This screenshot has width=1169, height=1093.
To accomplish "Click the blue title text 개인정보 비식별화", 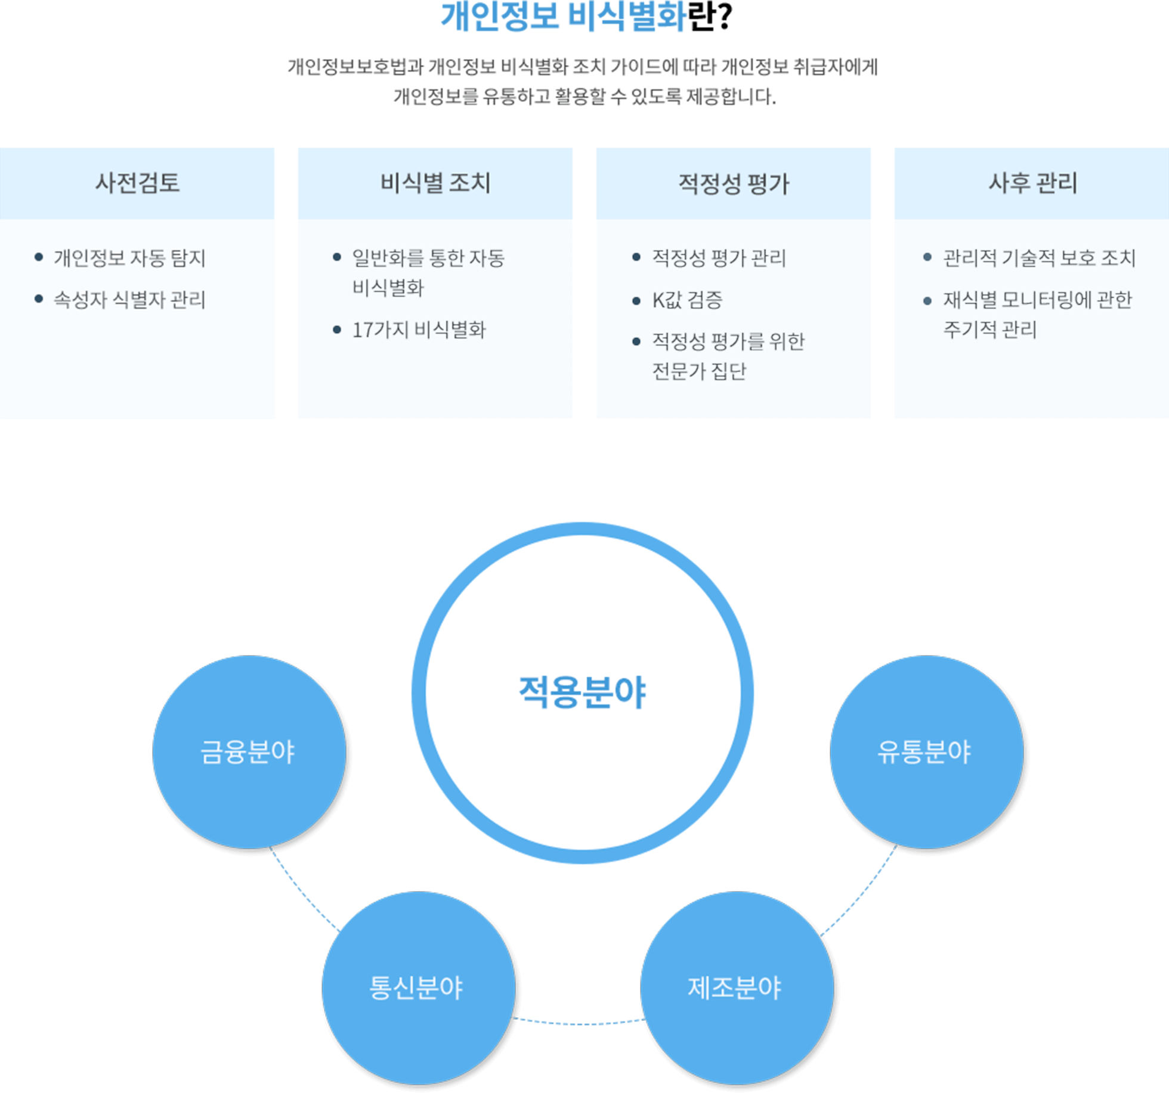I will point(563,17).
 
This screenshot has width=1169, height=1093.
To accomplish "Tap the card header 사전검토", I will point(137,182).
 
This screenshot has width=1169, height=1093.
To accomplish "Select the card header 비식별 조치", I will point(435,182).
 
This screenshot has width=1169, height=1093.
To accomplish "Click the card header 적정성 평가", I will point(734,184).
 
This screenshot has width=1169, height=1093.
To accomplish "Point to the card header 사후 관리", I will point(1032,182).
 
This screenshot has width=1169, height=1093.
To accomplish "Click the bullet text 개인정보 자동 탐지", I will point(129,258).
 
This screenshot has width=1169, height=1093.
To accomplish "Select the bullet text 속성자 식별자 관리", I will point(129,300).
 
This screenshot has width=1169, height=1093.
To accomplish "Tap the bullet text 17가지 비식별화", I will point(419,330).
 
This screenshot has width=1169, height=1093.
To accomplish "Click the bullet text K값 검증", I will point(687,300).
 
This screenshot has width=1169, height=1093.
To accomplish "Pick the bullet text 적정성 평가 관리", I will point(719,258).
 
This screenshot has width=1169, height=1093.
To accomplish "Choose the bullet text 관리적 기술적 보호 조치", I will point(1038,258).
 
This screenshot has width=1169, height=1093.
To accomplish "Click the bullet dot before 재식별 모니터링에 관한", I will point(927,301).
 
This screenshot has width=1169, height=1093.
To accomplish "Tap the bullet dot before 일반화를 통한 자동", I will point(337,257).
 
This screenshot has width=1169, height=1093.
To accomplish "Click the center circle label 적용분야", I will point(582,693).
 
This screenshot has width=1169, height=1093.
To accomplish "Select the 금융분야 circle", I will point(249,752).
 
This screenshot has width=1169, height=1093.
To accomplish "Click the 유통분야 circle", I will point(926,752).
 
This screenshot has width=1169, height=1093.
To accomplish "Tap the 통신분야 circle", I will point(417,988).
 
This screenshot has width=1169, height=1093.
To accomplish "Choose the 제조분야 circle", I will point(736,988).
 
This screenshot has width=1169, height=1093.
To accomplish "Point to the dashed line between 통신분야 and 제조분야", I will point(579,1023).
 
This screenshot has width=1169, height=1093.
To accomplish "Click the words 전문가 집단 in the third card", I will point(699,371).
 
